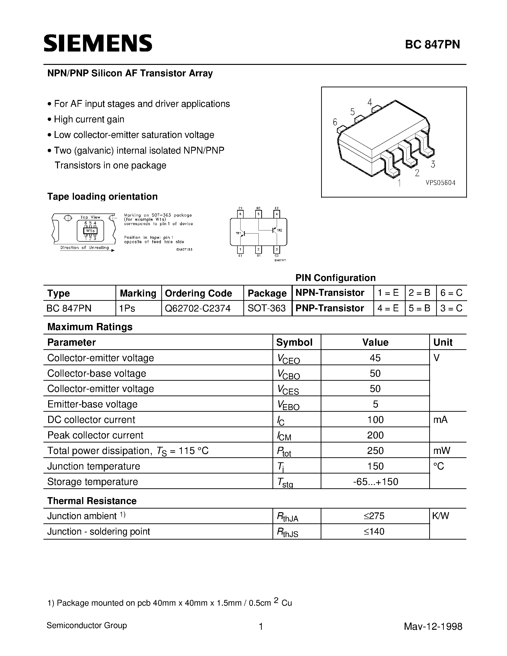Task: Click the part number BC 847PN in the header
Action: (x=432, y=44)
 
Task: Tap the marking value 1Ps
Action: (x=127, y=308)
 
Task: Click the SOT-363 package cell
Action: (x=267, y=308)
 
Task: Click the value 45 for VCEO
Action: (x=375, y=358)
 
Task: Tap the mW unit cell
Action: (x=442, y=451)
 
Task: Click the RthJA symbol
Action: (x=287, y=517)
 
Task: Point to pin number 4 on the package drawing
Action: (x=370, y=102)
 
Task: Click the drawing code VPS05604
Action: (x=440, y=183)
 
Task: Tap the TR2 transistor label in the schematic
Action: (x=279, y=230)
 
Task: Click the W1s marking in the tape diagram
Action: (x=90, y=231)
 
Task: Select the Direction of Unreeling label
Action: (x=84, y=248)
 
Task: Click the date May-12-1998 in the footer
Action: (x=433, y=626)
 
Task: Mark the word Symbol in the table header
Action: (x=294, y=342)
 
